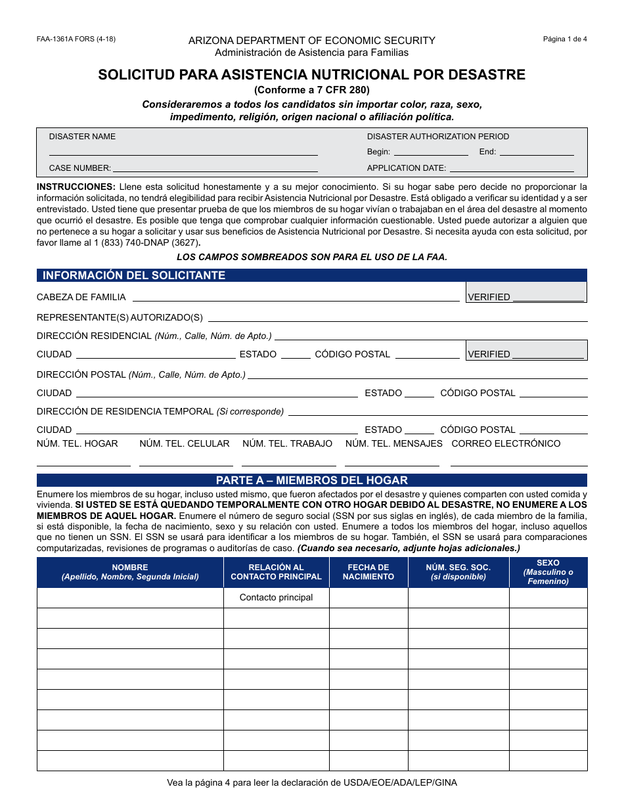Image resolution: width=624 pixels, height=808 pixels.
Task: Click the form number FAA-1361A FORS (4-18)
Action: (x=76, y=39)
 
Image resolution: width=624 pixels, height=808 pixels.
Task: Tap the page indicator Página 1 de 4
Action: (x=565, y=39)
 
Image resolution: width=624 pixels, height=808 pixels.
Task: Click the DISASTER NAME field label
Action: (x=82, y=137)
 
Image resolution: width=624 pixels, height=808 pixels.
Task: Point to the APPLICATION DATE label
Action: (x=407, y=168)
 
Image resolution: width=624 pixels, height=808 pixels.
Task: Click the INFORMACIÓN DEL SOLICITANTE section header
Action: (x=134, y=275)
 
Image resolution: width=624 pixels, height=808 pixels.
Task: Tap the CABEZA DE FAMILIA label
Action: (x=81, y=297)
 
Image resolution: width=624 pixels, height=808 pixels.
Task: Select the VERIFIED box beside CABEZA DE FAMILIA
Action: (x=525, y=292)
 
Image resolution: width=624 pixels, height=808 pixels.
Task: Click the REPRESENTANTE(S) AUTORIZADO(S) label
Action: (x=120, y=317)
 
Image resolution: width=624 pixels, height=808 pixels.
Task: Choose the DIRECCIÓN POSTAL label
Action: (x=81, y=374)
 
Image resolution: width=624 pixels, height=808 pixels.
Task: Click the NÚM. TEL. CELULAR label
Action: (x=185, y=443)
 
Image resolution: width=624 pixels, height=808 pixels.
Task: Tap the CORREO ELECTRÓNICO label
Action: (x=506, y=443)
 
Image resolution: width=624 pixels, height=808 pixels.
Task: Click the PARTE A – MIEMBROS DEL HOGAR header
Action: (x=312, y=480)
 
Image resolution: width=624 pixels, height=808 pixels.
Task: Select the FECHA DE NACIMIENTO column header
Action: (x=368, y=572)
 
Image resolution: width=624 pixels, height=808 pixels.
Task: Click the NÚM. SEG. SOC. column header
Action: (x=458, y=572)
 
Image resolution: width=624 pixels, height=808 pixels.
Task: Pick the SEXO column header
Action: (x=548, y=572)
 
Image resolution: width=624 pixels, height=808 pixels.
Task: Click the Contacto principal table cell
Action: (x=276, y=597)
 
